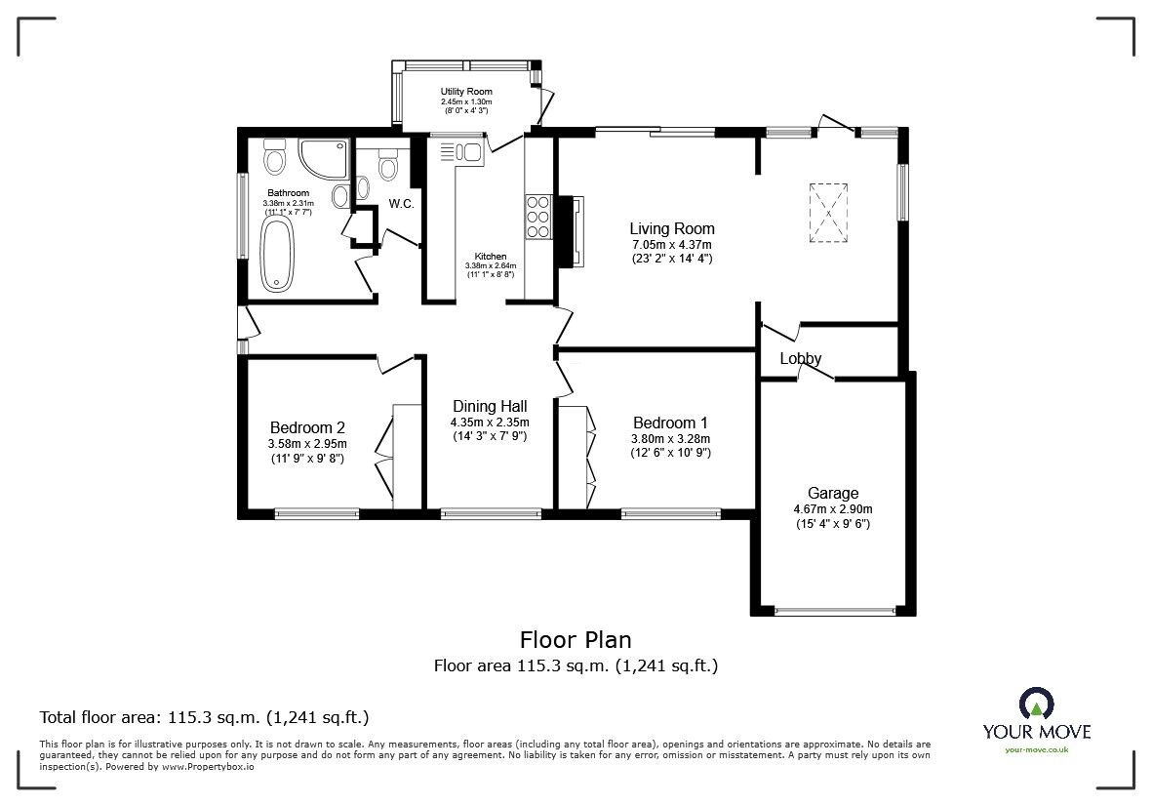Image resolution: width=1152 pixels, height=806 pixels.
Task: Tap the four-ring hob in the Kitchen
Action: (538, 217)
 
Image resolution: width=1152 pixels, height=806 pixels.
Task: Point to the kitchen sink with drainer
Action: (461, 152)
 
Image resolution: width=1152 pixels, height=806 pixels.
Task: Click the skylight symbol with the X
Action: (828, 212)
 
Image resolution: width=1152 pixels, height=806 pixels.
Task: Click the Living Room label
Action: (671, 228)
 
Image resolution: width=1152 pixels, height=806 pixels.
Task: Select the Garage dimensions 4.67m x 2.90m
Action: (832, 508)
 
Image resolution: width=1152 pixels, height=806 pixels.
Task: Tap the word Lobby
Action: (800, 358)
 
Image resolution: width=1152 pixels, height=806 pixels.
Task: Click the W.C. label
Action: (402, 204)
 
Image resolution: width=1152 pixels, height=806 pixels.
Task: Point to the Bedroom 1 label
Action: (670, 423)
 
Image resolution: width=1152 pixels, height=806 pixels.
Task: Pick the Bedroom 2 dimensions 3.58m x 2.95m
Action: (306, 444)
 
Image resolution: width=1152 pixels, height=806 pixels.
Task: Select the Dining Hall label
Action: (489, 406)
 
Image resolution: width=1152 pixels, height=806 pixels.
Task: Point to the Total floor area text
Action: (203, 717)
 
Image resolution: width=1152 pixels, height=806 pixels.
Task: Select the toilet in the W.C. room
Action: (388, 168)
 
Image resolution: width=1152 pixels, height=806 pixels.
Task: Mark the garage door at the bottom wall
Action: (835, 611)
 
